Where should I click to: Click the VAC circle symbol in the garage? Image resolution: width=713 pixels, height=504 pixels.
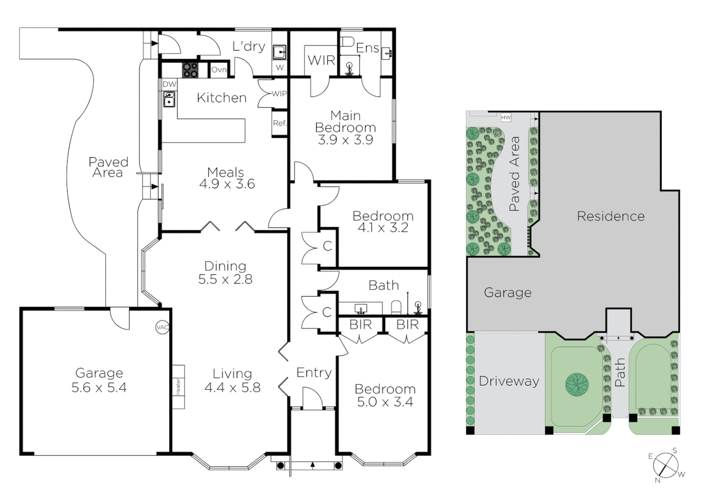[162, 328]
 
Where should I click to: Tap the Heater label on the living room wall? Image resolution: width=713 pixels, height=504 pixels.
[178, 386]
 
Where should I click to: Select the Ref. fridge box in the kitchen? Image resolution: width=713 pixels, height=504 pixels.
[280, 123]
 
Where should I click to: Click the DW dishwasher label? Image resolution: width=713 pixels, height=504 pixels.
[169, 84]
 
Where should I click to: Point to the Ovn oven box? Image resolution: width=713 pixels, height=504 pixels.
[219, 70]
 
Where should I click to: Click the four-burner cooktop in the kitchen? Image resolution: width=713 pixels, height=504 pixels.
[190, 70]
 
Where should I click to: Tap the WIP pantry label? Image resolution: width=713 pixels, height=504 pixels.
[279, 93]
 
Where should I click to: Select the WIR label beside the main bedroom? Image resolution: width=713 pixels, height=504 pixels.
[321, 60]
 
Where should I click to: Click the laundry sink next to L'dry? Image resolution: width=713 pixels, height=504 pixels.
[279, 52]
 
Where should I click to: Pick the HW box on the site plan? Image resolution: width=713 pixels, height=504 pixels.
[506, 118]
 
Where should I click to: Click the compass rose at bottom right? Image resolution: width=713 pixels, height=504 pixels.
[665, 465]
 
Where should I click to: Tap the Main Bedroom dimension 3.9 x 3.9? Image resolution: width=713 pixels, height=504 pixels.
[345, 140]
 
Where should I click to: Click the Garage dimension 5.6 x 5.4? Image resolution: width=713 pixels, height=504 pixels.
[99, 387]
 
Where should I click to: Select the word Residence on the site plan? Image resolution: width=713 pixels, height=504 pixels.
[610, 216]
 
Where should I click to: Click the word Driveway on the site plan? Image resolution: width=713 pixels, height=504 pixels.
[509, 381]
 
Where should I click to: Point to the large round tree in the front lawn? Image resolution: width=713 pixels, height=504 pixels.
[577, 384]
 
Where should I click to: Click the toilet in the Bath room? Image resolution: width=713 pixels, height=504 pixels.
[396, 307]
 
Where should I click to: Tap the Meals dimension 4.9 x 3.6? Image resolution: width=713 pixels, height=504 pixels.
[227, 184]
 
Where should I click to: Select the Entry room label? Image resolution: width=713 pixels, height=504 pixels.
[314, 372]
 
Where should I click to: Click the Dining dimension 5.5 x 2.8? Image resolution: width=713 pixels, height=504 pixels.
[225, 279]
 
